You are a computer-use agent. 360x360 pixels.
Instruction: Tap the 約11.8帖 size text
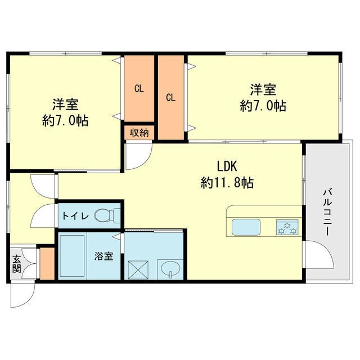227,182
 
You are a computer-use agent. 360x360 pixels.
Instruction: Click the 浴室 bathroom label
103,256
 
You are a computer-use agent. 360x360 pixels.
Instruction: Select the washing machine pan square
137,269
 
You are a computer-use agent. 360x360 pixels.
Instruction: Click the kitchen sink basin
246,227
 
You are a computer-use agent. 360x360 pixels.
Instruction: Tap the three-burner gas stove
287,227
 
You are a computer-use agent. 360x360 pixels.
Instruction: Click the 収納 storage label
139,133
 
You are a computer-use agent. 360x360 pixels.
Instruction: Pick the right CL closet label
170,97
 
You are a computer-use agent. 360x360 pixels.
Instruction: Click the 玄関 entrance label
17,264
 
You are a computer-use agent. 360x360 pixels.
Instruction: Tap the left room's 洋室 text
65,104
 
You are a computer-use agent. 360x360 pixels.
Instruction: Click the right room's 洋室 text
263,89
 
